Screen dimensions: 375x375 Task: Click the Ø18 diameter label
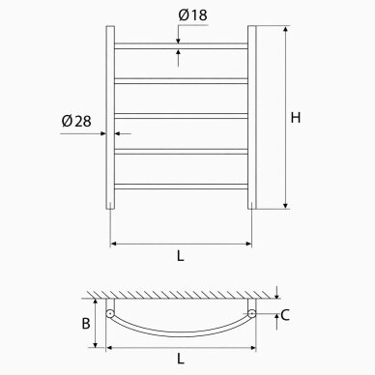tap(192, 15)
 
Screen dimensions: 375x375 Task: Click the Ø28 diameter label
tap(76, 121)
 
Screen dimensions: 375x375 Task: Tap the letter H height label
tap(296, 118)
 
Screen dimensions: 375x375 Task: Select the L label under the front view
tap(181, 256)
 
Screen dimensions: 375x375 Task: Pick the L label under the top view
tap(181, 359)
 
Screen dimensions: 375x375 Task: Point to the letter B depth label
tap(86, 324)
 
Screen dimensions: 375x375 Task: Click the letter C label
tap(285, 315)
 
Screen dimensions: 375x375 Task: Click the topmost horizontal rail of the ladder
tap(181, 46)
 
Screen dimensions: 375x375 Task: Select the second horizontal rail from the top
tap(181, 81)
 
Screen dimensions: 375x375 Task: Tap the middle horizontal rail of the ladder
tap(181, 116)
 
